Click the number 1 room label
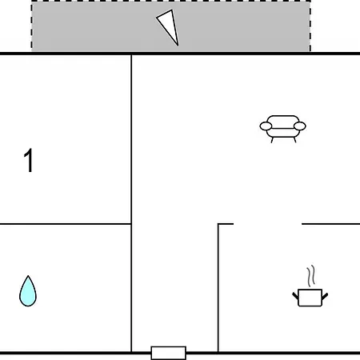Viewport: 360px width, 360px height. coord(29,160)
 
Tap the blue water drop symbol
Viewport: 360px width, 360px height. coord(28,291)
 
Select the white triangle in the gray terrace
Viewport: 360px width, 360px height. coord(169,26)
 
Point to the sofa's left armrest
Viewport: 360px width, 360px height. coord(266,126)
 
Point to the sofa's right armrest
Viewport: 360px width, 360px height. coord(299,126)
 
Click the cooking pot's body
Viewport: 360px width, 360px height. coord(310,298)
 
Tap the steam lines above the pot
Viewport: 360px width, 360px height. coord(311,276)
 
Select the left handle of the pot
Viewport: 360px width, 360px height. coord(295,296)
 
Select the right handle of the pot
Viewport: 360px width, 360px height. coord(325,296)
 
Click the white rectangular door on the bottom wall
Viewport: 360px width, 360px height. coord(168,353)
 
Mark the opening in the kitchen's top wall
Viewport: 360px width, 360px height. coord(268,224)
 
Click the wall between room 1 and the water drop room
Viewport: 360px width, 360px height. coord(66,224)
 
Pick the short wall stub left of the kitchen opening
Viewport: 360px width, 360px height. coord(226,224)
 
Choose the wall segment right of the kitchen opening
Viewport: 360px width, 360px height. coord(330,224)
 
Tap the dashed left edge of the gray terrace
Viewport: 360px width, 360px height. coord(32,26)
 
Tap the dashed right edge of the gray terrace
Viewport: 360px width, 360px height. coord(310,26)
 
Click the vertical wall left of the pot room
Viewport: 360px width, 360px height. coord(218,287)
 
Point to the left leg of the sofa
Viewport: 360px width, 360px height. coord(272,140)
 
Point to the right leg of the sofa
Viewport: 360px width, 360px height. coord(294,140)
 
